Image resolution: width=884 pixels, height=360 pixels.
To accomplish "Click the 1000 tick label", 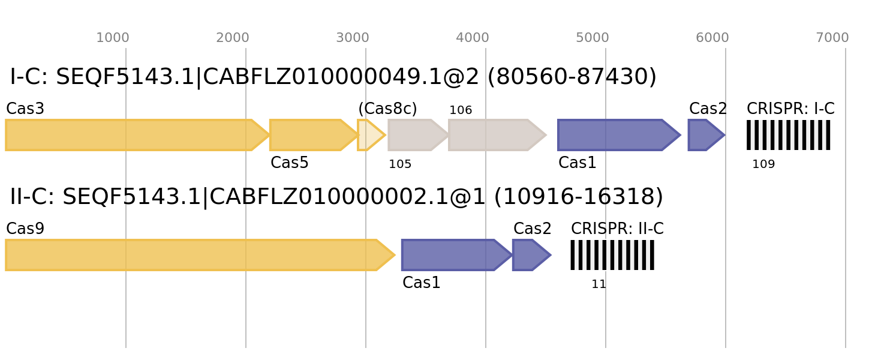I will click(113, 38).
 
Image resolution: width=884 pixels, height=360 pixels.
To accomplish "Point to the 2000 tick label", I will click(233, 38).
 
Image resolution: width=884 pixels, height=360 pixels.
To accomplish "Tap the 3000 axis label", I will click(353, 38).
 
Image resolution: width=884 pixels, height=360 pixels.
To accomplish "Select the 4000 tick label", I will click(473, 38).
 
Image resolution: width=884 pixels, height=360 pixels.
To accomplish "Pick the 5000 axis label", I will click(593, 38).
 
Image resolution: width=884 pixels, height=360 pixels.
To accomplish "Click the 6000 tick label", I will click(712, 38).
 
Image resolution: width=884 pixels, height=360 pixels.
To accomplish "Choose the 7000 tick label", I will click(832, 38).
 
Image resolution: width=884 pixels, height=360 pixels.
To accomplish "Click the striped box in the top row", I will click(789, 135).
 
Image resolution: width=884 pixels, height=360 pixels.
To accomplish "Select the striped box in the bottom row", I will click(612, 255).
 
